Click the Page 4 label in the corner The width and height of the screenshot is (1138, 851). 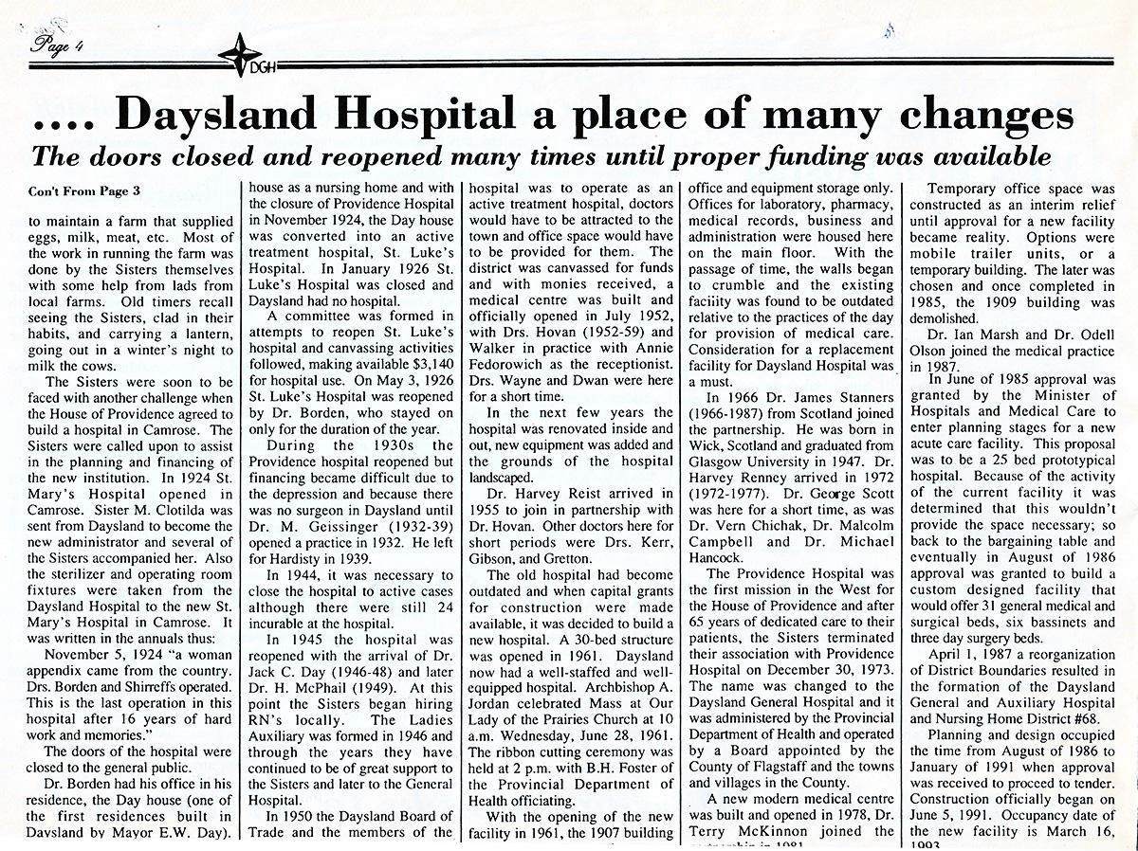pyautogui.click(x=59, y=44)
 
